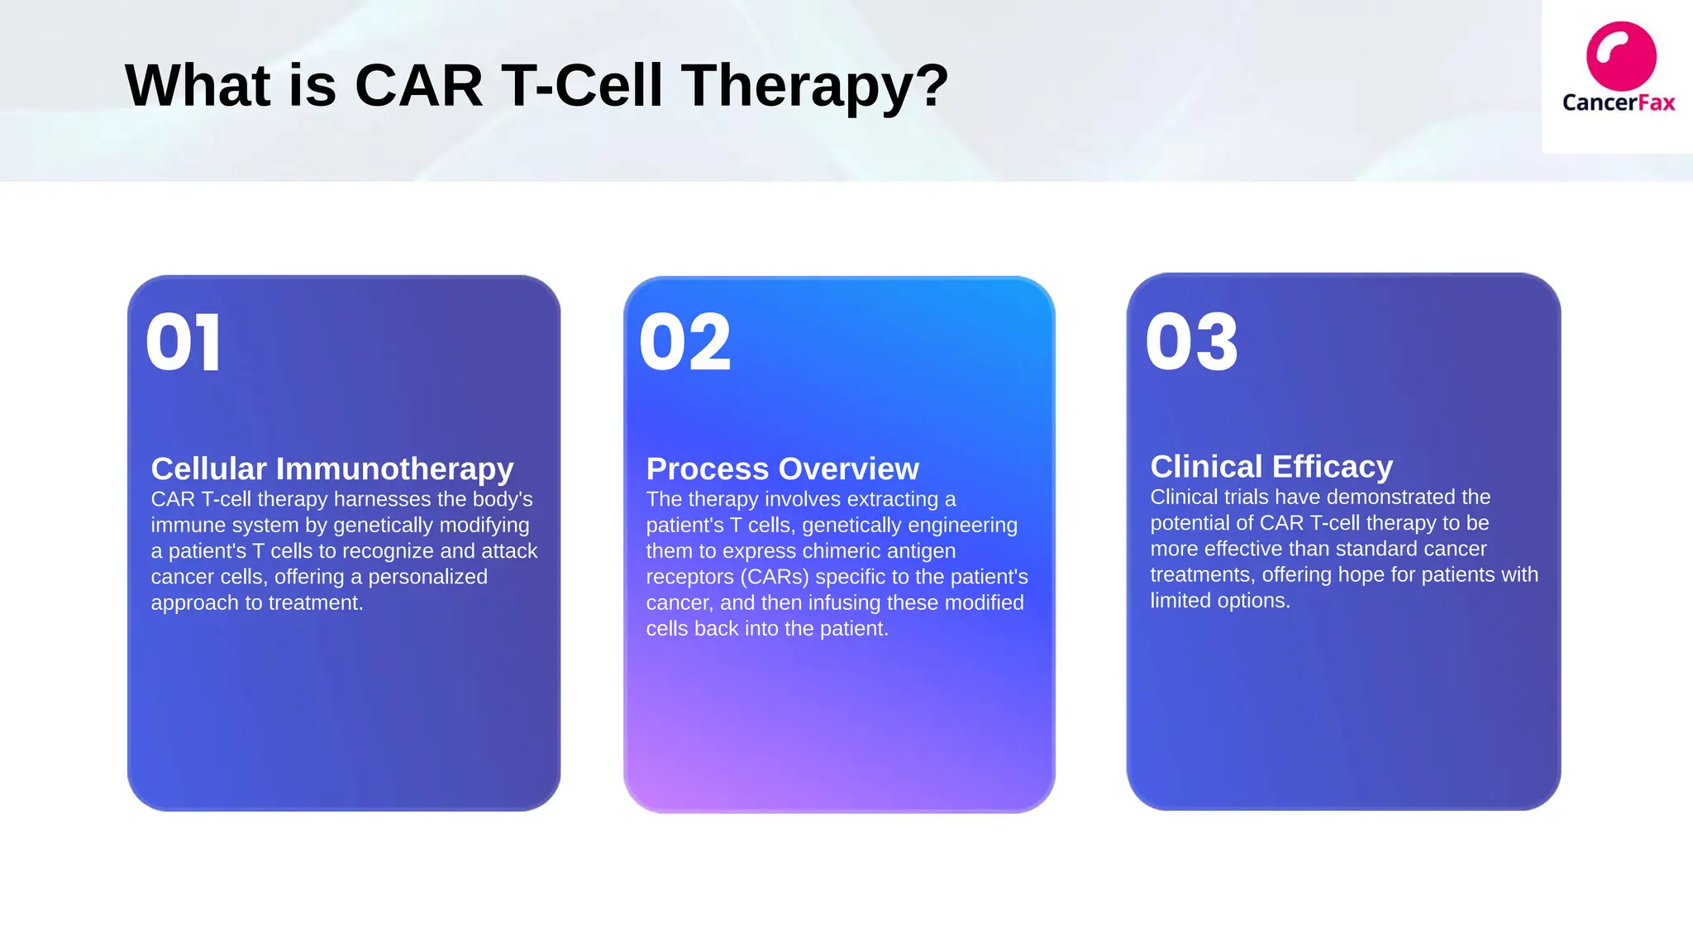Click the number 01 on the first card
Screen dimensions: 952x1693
(183, 343)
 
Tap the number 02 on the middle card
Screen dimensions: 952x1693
(685, 343)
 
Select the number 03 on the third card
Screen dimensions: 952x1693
(1191, 343)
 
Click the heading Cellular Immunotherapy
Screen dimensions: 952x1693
(331, 469)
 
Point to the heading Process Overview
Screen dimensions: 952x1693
(782, 469)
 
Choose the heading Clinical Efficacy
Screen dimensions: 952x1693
(1271, 467)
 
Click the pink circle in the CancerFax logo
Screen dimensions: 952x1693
(1620, 56)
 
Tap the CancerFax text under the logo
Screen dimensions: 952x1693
(1618, 102)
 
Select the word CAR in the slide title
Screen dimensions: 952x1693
(418, 86)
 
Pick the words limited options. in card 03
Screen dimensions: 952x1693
(1219, 601)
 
